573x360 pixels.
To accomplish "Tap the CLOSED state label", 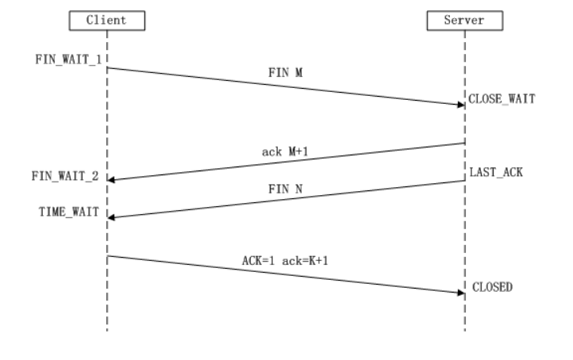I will [x=492, y=288].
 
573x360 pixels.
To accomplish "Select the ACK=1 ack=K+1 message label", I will [x=286, y=259].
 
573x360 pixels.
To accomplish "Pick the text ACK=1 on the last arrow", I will [x=259, y=259].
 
